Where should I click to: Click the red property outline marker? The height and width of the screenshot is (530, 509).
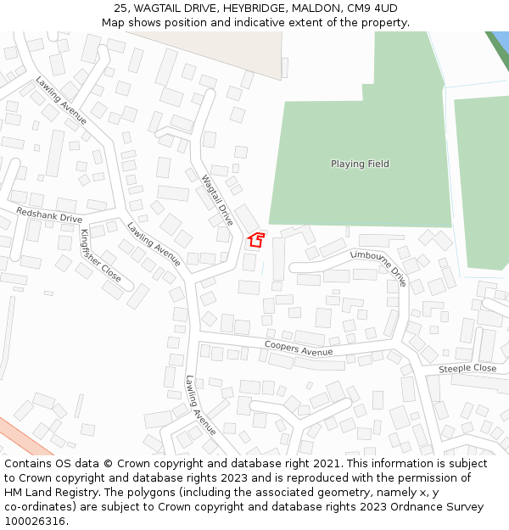[255, 240]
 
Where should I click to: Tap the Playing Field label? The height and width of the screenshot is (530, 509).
[360, 164]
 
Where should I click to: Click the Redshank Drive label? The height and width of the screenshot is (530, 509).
[49, 215]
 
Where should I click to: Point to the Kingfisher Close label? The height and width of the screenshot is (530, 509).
[101, 254]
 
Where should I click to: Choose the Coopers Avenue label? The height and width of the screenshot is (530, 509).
[299, 348]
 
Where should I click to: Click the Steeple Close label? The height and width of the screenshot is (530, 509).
[467, 369]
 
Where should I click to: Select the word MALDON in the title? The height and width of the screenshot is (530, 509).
[316, 8]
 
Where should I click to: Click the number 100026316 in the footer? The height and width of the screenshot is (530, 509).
[35, 522]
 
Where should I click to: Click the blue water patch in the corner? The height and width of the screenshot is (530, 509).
[501, 39]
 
